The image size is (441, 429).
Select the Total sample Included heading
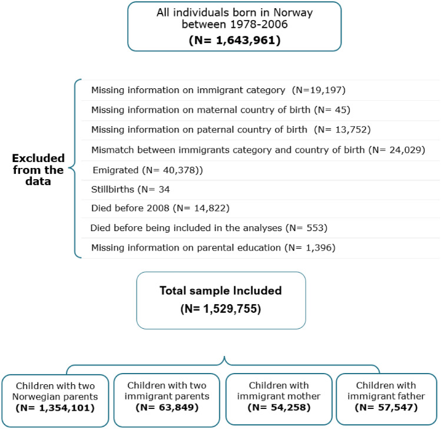click(x=221, y=290)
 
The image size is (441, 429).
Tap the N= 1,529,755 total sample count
click(x=221, y=308)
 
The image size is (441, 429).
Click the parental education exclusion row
click(x=213, y=248)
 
